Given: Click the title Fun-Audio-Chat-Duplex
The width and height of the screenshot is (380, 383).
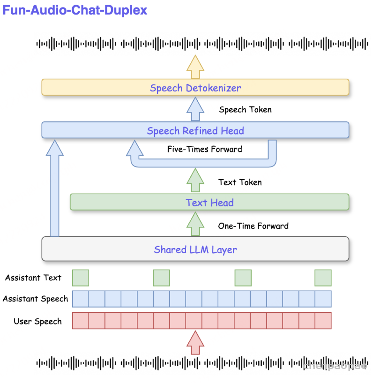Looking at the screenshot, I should (x=75, y=10).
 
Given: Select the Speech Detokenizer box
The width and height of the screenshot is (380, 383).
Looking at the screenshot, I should (x=195, y=88).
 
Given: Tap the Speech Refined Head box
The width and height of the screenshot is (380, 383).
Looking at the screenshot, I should (x=195, y=130).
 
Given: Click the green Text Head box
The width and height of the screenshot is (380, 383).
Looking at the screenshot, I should (x=209, y=203).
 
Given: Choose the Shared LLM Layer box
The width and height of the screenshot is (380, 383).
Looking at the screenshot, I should (x=195, y=249).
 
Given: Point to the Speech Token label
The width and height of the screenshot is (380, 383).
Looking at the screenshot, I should (x=245, y=110).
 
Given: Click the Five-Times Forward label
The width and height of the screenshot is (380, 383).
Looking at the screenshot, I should (x=205, y=149).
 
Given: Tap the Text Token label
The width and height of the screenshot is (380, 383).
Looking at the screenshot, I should (x=240, y=182).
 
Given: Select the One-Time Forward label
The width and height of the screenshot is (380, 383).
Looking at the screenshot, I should (x=253, y=226).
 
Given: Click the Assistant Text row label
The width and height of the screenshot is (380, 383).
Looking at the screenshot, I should (x=33, y=278).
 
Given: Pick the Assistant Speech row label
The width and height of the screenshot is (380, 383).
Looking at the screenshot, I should (x=35, y=299).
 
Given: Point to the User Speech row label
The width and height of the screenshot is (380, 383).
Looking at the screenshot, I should (x=37, y=321).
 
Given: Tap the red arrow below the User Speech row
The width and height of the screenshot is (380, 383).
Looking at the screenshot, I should (x=195, y=342).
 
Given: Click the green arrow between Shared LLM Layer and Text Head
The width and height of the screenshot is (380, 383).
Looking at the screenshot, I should (x=195, y=225).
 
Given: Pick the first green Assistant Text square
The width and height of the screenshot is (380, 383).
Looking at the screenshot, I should (x=81, y=278).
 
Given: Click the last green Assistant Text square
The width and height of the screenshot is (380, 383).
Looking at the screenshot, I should (x=323, y=278).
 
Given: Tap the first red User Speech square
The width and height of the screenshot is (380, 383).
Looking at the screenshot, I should (x=81, y=321).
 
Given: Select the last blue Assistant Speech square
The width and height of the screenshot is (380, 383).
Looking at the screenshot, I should (x=323, y=299).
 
